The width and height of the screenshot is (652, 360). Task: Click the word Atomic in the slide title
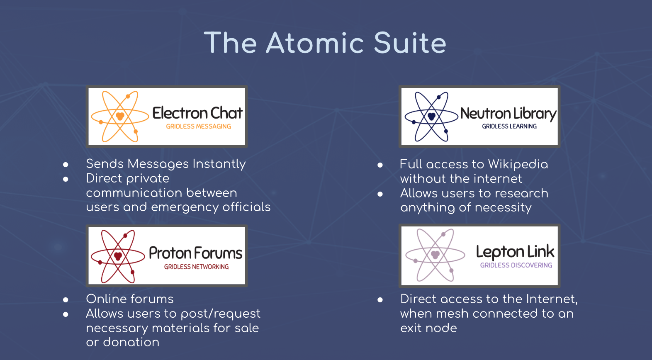[x=315, y=43]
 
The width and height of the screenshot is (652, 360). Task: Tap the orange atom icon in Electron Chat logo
[x=120, y=116]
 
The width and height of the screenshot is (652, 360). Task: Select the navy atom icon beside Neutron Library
[x=431, y=117]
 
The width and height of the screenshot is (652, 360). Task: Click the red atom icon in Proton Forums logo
[x=118, y=256]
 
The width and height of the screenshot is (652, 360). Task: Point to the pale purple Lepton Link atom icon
[x=435, y=255]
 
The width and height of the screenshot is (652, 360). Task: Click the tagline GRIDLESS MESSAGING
[x=199, y=126]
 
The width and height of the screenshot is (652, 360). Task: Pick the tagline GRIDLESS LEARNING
[x=509, y=126]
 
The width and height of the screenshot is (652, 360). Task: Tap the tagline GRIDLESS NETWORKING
[x=197, y=267]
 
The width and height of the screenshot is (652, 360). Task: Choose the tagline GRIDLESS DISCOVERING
[x=516, y=265]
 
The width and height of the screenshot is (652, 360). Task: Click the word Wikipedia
[x=518, y=164]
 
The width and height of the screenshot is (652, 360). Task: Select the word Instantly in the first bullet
[x=219, y=164]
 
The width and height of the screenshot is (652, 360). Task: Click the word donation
[x=131, y=342]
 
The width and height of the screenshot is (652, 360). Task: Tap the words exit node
[x=428, y=328]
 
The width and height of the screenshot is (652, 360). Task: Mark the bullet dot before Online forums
[x=66, y=300]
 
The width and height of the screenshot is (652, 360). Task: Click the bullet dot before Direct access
[x=380, y=300]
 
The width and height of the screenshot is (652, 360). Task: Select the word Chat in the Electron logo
[x=226, y=113]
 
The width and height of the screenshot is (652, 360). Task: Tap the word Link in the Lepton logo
[x=541, y=251]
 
